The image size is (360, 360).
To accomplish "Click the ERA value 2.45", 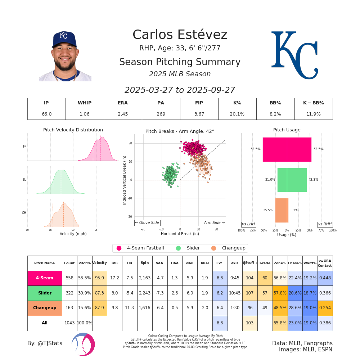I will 123,114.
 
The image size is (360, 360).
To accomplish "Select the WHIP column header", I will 85,103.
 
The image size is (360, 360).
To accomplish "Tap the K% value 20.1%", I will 237,114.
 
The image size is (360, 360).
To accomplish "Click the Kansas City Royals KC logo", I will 294,55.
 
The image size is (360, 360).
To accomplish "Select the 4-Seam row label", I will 45,278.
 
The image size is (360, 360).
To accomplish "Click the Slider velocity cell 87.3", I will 99,293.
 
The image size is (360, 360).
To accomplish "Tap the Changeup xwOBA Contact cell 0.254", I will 325,308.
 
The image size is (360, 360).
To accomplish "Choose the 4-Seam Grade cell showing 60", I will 265,278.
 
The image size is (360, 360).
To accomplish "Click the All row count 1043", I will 69,323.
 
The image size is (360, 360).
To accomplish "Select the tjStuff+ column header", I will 250,263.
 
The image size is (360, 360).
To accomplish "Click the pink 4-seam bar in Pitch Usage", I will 287,149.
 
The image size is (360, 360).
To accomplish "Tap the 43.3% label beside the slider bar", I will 313,180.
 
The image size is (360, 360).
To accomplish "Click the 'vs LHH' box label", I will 248,224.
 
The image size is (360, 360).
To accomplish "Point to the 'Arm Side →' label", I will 214,223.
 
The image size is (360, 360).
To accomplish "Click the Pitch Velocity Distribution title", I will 73,130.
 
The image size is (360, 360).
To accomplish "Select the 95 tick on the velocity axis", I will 96,230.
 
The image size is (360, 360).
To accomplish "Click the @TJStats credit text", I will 45,343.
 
